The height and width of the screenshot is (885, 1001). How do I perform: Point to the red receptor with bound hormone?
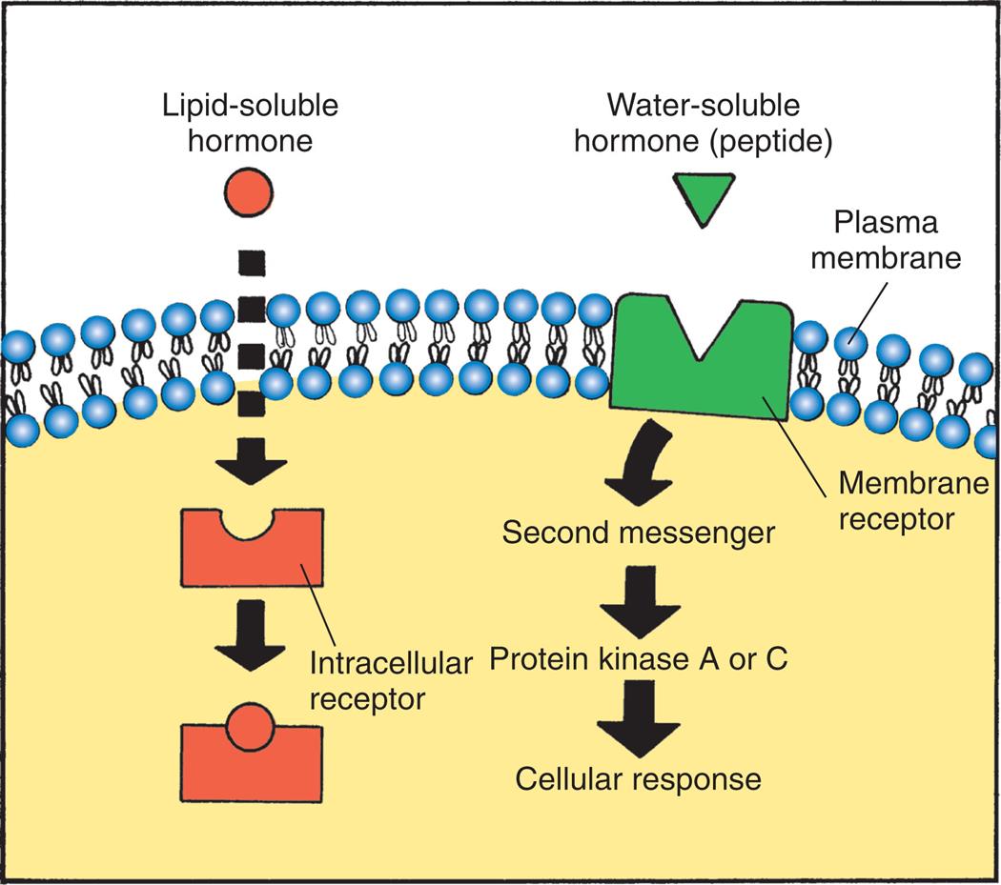(252, 757)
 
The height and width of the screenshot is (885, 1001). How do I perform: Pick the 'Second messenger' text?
(638, 532)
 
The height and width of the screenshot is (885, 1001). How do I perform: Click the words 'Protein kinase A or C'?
(638, 656)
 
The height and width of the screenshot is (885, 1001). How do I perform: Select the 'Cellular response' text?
(638, 779)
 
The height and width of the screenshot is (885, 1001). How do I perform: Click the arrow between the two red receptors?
(251, 634)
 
